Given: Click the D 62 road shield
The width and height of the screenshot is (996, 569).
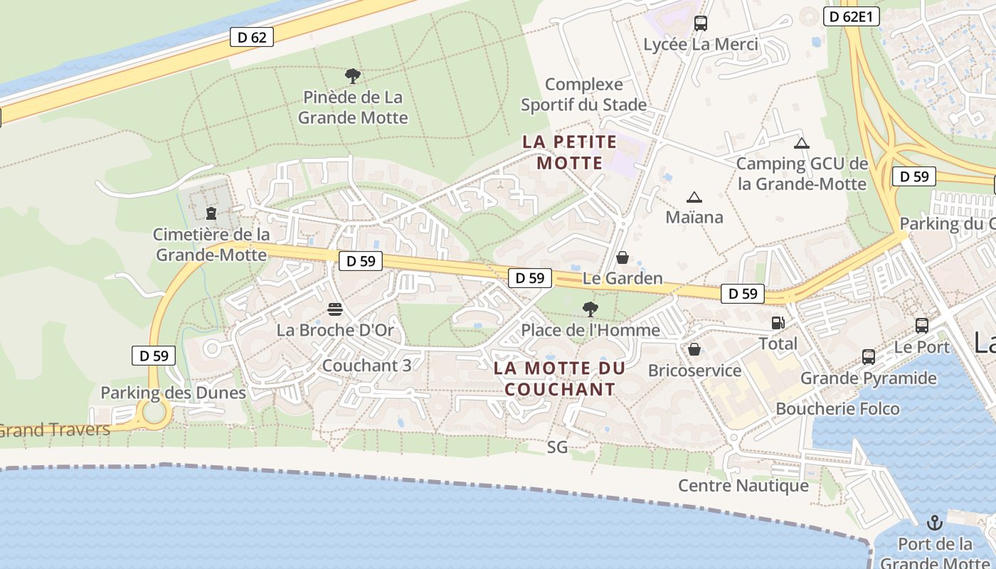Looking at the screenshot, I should [252, 37].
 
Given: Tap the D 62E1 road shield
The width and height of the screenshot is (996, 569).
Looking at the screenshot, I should [851, 16].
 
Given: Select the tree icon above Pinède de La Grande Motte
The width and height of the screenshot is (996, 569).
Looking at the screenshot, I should [352, 76].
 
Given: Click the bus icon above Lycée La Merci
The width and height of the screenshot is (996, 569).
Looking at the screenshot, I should [701, 23].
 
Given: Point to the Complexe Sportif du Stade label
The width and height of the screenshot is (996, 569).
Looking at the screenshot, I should [583, 95].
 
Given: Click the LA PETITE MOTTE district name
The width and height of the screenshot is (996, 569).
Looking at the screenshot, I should [570, 152].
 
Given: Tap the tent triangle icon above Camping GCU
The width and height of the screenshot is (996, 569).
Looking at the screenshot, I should [802, 143].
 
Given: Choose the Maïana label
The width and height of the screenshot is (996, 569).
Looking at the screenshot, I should [694, 217].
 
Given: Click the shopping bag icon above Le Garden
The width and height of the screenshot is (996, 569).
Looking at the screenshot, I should [622, 257].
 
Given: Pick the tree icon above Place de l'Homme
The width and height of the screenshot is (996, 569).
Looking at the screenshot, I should [590, 309].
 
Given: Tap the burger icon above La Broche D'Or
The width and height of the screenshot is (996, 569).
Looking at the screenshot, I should [335, 309].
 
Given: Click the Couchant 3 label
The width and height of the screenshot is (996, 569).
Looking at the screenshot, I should [366, 366].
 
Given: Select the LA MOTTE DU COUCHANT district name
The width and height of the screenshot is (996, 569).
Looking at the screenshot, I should [560, 378].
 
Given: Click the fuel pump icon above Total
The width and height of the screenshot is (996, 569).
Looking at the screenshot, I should [778, 323].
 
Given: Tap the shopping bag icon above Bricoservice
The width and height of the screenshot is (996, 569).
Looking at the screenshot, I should [694, 349].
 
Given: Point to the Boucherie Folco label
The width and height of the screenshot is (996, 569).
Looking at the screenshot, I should [837, 409].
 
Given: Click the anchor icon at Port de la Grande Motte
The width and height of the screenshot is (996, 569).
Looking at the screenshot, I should [934, 523].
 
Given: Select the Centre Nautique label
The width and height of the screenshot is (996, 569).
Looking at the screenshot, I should [743, 486].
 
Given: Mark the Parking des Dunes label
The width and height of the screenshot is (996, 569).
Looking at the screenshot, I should [173, 393].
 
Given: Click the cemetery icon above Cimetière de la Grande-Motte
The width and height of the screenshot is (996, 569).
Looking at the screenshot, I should [211, 213].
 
